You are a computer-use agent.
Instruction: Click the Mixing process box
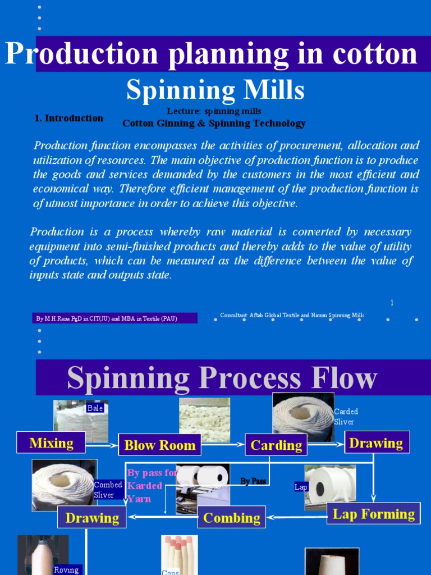coord(51,442)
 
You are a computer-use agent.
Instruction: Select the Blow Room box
coord(159,445)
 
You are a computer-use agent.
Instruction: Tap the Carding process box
coord(276,445)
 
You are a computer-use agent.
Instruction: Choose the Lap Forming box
coord(373,514)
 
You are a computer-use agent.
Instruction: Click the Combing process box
coord(231,517)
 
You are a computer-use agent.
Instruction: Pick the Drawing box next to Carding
coord(376,443)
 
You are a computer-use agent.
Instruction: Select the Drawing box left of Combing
coord(92,517)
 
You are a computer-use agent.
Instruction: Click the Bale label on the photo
coord(95,408)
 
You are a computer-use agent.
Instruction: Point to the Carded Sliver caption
coord(346,417)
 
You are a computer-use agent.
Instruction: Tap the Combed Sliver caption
coord(108,490)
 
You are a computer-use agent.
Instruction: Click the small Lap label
coord(301,487)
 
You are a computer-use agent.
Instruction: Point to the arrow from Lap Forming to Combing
coord(296,515)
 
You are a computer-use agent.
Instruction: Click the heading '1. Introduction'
coord(68,118)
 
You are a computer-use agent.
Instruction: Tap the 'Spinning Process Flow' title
coord(222,378)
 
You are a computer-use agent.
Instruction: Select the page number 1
coord(392,303)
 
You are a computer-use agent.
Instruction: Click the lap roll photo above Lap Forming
coord(331,486)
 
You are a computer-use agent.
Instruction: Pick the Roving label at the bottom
coord(66,569)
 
